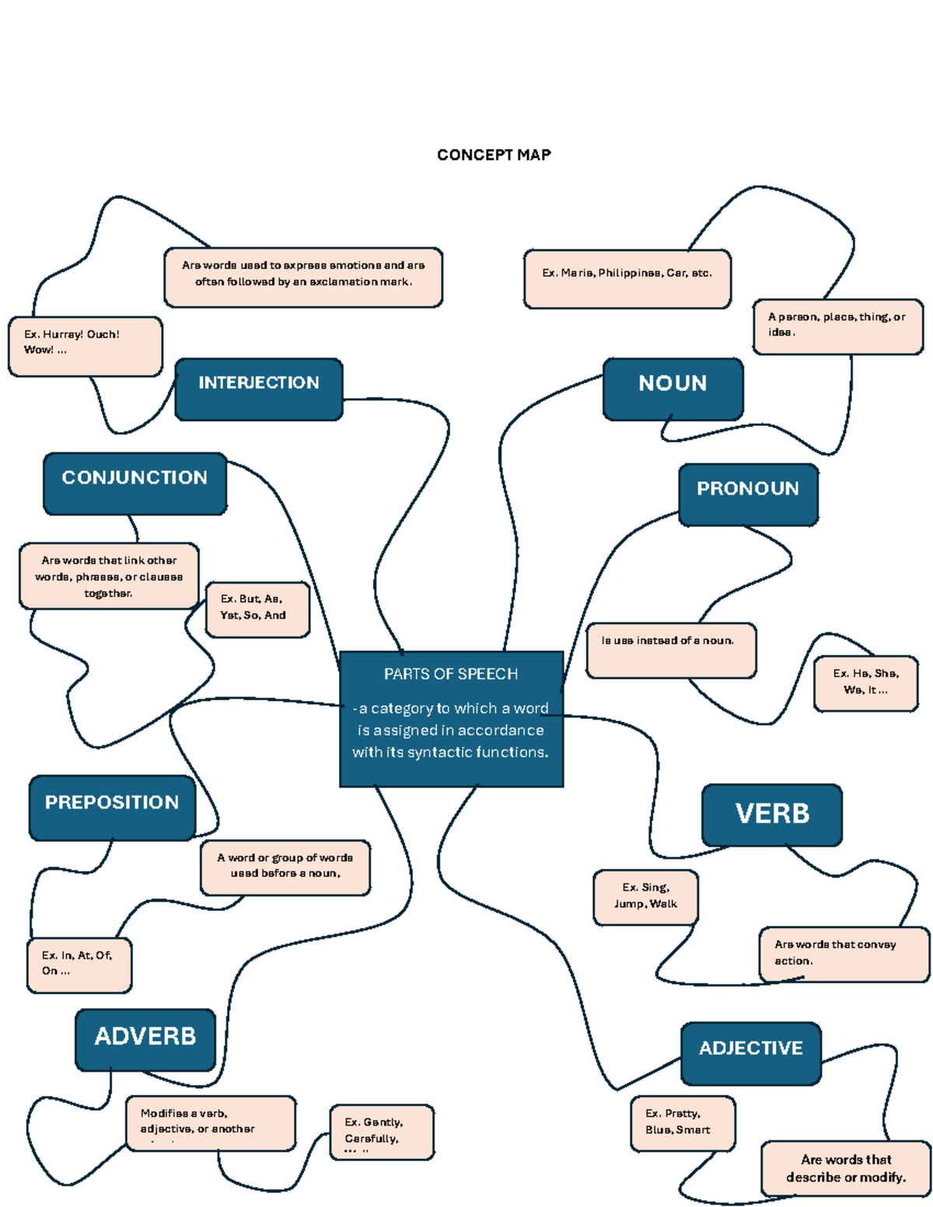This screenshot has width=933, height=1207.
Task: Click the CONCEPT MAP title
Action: [494, 155]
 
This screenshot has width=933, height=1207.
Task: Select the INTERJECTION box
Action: [259, 389]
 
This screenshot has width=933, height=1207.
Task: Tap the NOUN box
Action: [673, 389]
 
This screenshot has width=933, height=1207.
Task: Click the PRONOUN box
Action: [748, 494]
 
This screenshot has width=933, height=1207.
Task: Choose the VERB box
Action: [772, 815]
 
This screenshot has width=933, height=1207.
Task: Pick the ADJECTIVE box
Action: [750, 1053]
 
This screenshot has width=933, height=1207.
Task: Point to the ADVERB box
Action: [145, 1040]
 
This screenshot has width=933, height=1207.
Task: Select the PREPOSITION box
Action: [112, 808]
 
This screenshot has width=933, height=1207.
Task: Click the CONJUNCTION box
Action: [135, 483]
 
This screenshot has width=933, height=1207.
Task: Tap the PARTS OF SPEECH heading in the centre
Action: [451, 674]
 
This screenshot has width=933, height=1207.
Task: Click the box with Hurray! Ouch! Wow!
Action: [85, 346]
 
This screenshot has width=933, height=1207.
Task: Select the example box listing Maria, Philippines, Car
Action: [627, 278]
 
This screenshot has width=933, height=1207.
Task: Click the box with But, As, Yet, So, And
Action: [257, 609]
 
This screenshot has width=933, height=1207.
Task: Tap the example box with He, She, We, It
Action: [865, 683]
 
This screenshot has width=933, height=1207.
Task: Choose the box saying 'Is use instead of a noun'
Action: [670, 649]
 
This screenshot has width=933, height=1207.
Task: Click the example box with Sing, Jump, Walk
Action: [645, 897]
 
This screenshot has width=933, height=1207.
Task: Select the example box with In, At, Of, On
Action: [79, 965]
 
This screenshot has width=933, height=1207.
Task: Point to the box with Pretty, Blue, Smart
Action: [682, 1123]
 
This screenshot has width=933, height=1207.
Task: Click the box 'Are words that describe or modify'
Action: [845, 1167]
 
